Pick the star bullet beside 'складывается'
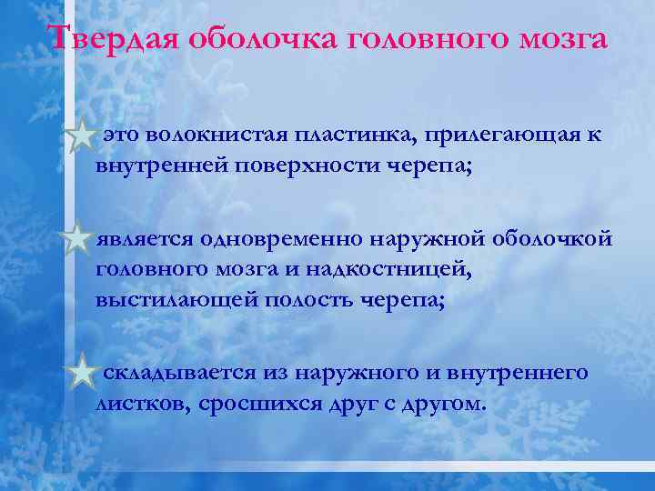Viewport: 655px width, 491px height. point(83,373)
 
